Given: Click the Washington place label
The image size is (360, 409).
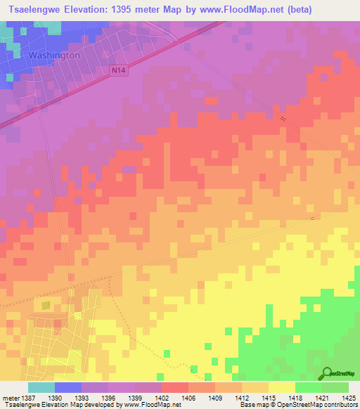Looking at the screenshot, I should coord(55,54).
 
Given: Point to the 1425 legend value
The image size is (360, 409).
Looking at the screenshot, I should coord(349,397).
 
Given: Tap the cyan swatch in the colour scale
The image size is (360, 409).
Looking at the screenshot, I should coord(41,387).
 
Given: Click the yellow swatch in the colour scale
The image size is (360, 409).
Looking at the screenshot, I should coord(281,387).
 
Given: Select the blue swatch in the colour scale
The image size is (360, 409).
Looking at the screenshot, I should coord(68,387).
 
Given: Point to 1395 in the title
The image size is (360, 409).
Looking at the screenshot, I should coord(148,8).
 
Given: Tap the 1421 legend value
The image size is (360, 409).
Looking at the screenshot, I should coord(322,397).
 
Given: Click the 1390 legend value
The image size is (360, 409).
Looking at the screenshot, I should coord(63,397).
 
